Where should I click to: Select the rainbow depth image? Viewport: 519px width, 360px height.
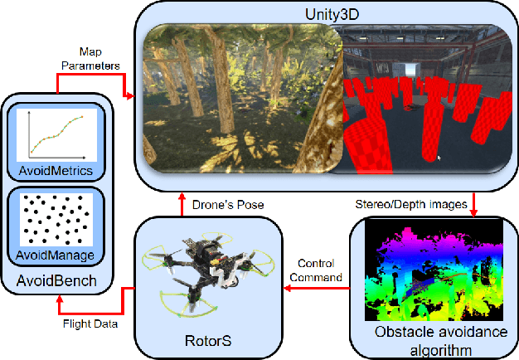coord(434,270)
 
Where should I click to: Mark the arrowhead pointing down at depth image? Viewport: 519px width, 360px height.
coord(475,211)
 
